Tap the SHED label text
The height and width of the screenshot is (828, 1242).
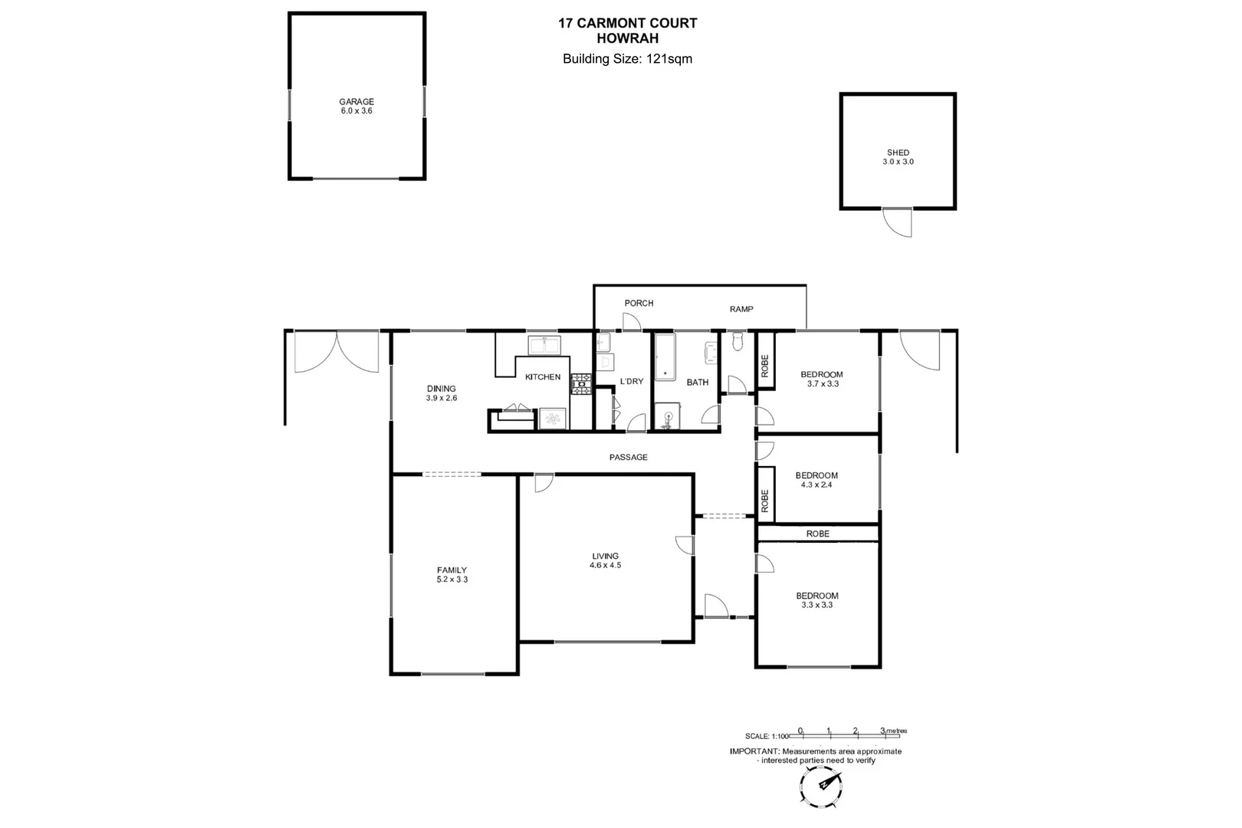[x=898, y=153]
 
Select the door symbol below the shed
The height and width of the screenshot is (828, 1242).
[x=898, y=222]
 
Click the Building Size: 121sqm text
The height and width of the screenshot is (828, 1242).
[x=627, y=59]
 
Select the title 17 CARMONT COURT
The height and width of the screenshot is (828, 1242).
[x=627, y=23]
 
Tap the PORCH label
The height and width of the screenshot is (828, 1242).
[x=639, y=304]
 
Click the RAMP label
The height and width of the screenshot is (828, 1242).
[x=741, y=309]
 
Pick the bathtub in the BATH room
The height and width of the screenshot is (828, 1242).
[x=664, y=357]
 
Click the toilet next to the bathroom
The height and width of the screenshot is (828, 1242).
[x=738, y=342]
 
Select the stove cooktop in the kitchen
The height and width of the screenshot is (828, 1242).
[x=581, y=384]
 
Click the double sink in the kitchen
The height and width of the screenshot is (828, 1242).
[x=544, y=345]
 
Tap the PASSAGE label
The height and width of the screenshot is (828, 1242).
[x=628, y=458]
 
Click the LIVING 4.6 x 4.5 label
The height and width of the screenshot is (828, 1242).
[x=605, y=561]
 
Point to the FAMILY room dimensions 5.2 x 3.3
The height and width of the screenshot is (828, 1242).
[x=452, y=580]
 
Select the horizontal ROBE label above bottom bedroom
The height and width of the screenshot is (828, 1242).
[x=817, y=534]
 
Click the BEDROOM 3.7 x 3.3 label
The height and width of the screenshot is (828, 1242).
[x=822, y=379]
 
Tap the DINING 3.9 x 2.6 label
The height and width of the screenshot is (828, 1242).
[x=442, y=393]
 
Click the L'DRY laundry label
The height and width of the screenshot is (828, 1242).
[x=632, y=381]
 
